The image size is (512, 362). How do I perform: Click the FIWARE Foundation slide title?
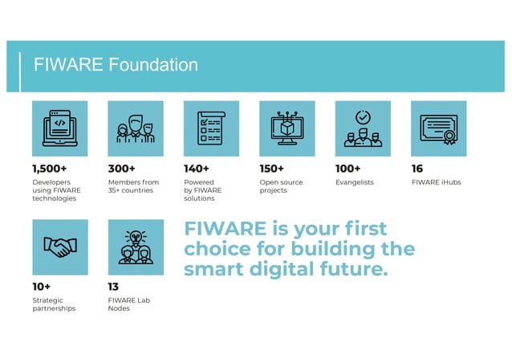[x=116, y=65]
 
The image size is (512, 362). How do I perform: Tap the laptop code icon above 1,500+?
[x=60, y=128]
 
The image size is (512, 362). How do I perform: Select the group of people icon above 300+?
[x=136, y=128]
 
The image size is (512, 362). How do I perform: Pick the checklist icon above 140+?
[x=211, y=128]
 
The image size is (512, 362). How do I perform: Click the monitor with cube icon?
[x=287, y=128]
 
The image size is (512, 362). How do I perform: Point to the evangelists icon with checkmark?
[x=363, y=128]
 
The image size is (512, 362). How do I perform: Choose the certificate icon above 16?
[x=438, y=128]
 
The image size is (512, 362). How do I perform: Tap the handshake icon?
[x=60, y=247]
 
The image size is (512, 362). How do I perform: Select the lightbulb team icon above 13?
[x=136, y=247]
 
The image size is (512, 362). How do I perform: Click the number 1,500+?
[x=50, y=169]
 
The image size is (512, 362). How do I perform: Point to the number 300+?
[x=122, y=169]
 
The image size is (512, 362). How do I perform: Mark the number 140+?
[x=197, y=169]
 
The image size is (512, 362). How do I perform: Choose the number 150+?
[x=272, y=169]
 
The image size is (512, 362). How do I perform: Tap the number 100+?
[x=348, y=169]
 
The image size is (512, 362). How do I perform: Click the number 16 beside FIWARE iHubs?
[x=417, y=169]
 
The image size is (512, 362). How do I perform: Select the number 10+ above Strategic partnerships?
[x=42, y=287]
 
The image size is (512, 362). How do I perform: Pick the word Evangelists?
[x=355, y=183]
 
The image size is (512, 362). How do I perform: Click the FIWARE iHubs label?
[x=436, y=183]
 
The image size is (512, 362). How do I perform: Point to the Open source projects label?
[x=282, y=187]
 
